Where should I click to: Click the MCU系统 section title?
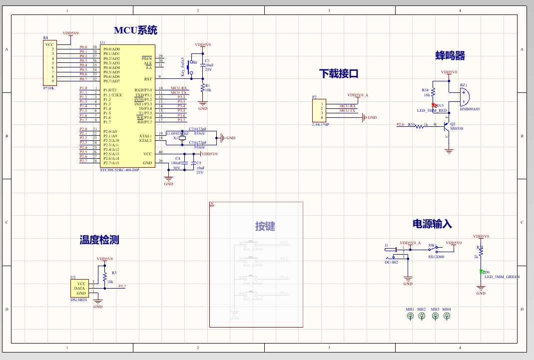click(x=135, y=30)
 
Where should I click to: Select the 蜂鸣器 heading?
click(x=450, y=55)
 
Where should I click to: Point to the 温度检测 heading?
click(x=99, y=240)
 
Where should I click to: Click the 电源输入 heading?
click(x=432, y=224)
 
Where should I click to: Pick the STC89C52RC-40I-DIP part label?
click(x=119, y=170)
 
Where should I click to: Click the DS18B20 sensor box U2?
click(x=79, y=288)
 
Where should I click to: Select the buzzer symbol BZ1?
click(x=465, y=96)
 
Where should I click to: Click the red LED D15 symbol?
click(x=434, y=105)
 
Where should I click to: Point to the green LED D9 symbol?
click(x=481, y=272)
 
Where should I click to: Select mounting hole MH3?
click(x=435, y=316)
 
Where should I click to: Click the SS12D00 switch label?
click(x=436, y=257)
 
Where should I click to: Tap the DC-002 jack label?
click(x=391, y=262)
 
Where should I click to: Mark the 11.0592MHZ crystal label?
click(x=177, y=133)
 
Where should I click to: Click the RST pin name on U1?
click(x=148, y=79)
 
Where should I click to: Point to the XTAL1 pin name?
click(x=145, y=136)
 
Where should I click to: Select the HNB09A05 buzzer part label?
click(x=469, y=108)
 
